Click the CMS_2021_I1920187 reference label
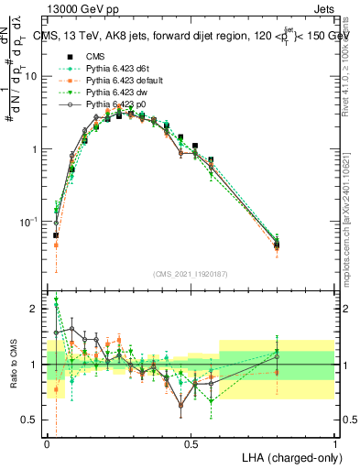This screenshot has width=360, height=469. point(191,273)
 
